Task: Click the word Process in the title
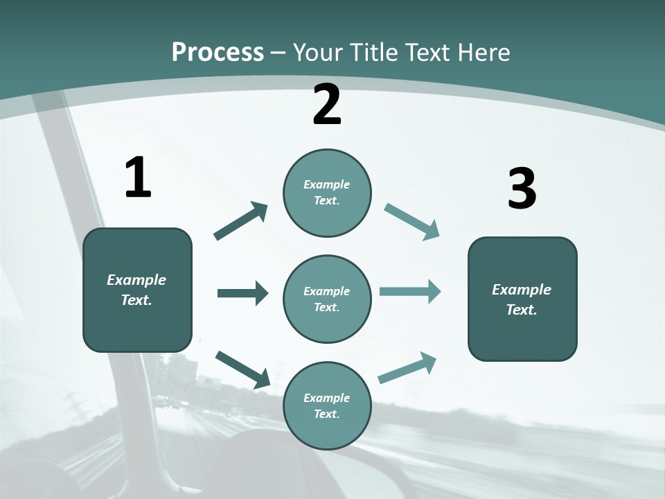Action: click(x=218, y=53)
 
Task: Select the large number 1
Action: click(x=137, y=177)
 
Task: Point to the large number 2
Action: click(x=327, y=105)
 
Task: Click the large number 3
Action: click(x=522, y=189)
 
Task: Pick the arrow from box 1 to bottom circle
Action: click(x=242, y=369)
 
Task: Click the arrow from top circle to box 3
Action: click(x=412, y=222)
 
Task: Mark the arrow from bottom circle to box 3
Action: click(x=407, y=368)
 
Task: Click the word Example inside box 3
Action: click(x=522, y=290)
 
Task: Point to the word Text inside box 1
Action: click(x=136, y=301)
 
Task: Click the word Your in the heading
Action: click(x=318, y=53)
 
